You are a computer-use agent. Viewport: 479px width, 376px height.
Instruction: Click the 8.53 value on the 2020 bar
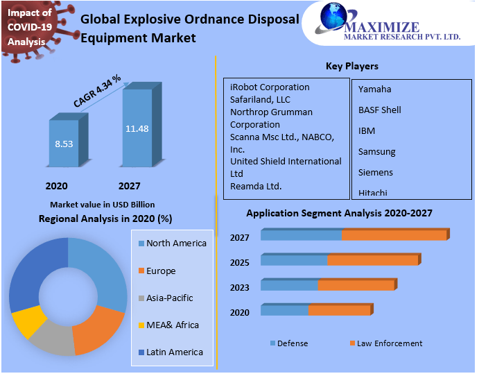pos(64,144)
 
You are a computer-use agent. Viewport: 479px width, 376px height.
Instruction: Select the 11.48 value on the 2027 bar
pos(137,128)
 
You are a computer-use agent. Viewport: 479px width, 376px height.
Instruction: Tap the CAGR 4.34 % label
pos(97,90)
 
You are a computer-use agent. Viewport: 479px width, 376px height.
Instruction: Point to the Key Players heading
pos(352,67)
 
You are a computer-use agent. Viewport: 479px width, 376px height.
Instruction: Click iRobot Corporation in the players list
pos(270,87)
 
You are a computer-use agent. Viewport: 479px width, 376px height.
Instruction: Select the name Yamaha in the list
pos(374,89)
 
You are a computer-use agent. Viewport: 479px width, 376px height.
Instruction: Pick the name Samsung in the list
pos(376,151)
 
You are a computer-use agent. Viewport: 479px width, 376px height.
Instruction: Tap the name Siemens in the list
pos(375,172)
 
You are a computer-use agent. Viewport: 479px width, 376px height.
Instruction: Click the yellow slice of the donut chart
pos(28,322)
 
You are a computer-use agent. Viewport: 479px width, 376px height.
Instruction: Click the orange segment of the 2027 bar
pos(394,235)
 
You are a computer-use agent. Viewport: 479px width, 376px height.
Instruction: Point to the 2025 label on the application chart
pos(239,262)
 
